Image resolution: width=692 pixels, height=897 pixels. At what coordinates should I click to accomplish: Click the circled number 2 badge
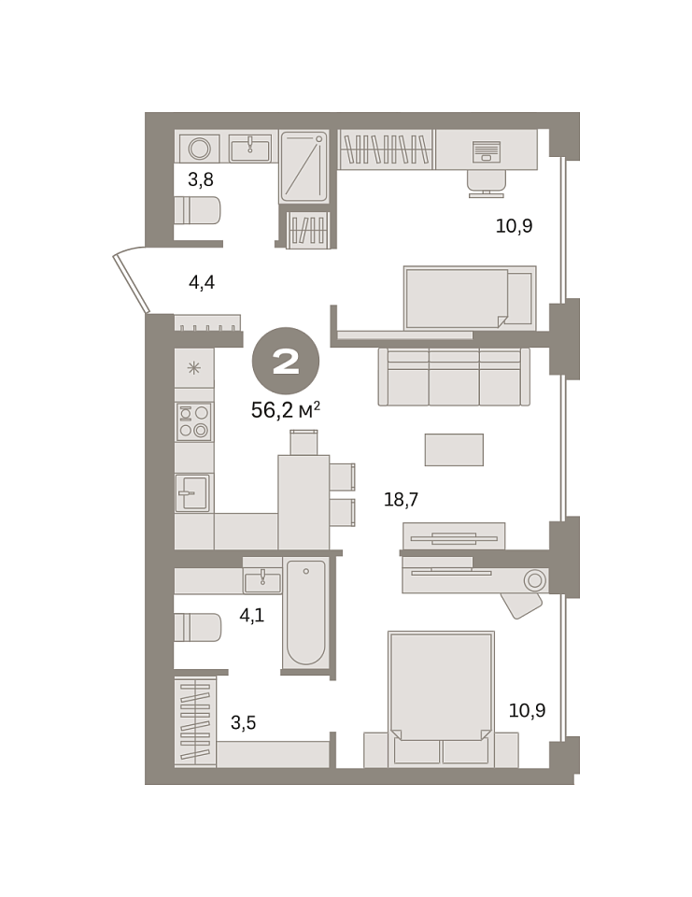click(x=286, y=361)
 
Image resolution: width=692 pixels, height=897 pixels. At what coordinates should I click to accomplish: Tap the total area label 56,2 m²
click(x=286, y=409)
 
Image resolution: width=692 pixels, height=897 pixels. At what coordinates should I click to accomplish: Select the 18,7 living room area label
click(x=401, y=499)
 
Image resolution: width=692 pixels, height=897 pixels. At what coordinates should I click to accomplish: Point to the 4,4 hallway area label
click(x=202, y=282)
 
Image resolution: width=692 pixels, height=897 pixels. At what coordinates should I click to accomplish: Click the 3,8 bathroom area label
click(x=201, y=179)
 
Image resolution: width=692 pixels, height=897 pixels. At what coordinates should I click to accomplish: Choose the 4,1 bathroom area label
click(x=251, y=616)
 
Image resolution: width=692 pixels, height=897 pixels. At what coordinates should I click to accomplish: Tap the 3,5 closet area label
click(x=243, y=722)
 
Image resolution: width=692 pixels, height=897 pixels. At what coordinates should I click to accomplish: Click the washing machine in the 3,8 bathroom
click(x=200, y=149)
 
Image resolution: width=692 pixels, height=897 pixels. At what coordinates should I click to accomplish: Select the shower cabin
click(x=304, y=166)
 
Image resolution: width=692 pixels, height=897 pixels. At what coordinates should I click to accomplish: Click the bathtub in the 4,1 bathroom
click(x=306, y=613)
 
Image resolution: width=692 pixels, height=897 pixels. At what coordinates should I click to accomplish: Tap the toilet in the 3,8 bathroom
click(x=197, y=210)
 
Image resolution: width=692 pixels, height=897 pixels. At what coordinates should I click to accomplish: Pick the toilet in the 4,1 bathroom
click(x=197, y=628)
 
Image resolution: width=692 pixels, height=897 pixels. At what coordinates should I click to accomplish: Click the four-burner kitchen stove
click(x=194, y=421)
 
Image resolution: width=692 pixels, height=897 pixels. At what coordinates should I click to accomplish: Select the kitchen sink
click(x=192, y=492)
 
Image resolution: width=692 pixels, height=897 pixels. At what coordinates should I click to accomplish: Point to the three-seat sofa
click(x=454, y=377)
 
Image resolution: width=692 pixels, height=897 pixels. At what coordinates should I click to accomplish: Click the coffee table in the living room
click(x=454, y=449)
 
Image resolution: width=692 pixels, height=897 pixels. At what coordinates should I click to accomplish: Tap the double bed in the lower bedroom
click(x=441, y=699)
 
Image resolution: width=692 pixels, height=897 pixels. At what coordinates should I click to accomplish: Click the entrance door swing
click(x=132, y=281)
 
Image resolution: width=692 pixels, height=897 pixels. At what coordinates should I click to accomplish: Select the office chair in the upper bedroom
click(x=487, y=183)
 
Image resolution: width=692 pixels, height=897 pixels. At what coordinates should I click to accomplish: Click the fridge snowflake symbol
click(x=194, y=368)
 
